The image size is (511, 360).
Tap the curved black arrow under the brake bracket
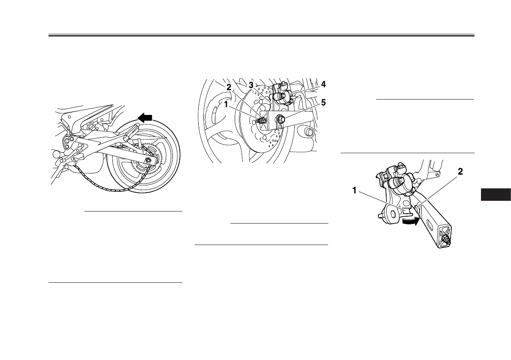pos(409,221)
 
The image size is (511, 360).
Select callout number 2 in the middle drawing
pos(230,87)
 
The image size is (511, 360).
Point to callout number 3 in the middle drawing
pos(251,85)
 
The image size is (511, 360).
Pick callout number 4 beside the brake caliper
pos(323,85)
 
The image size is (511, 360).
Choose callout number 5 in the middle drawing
pos(323,103)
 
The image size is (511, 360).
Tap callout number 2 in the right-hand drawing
pos(460,172)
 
